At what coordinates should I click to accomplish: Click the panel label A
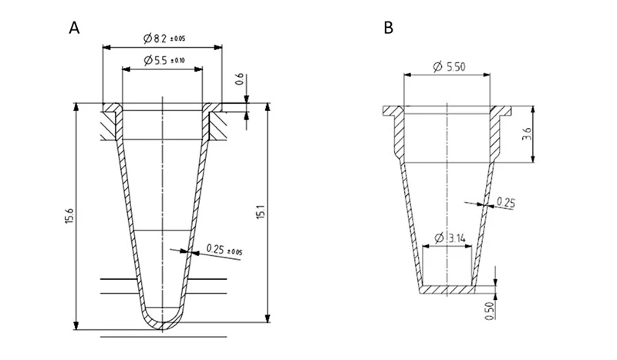click(x=74, y=29)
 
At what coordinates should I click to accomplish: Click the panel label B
click(x=389, y=29)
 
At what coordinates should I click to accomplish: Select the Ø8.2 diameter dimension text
click(x=163, y=38)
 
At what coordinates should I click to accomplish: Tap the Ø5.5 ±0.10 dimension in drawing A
click(x=163, y=60)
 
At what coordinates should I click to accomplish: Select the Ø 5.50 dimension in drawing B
click(x=449, y=67)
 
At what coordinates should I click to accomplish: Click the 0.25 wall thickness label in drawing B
click(x=506, y=202)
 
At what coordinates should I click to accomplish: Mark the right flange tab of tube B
click(x=506, y=112)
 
